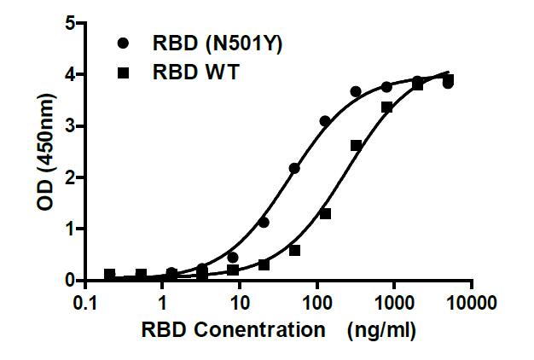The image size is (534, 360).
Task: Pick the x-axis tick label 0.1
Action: click(x=86, y=303)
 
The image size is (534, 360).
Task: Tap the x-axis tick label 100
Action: click(x=316, y=303)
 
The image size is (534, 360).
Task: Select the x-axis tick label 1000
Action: click(x=394, y=303)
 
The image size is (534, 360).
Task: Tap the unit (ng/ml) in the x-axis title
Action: click(x=380, y=331)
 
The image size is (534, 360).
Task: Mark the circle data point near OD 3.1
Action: click(x=325, y=121)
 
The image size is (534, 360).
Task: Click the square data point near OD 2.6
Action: click(x=356, y=146)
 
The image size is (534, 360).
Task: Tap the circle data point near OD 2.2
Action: click(x=294, y=168)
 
